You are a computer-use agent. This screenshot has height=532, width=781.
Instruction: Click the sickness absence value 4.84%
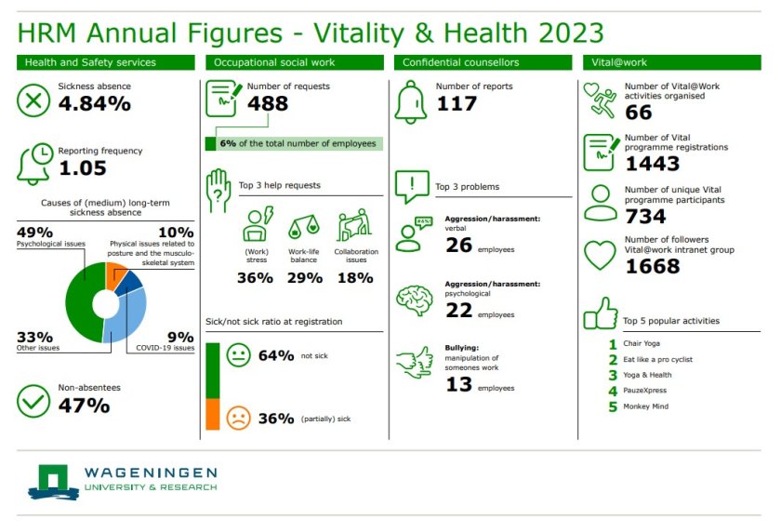[x=94, y=103]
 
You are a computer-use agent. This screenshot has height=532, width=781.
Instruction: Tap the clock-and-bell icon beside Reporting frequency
[x=34, y=162]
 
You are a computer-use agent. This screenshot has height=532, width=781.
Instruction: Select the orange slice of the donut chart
[x=117, y=275]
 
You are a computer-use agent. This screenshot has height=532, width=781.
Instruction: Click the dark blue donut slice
[x=131, y=280]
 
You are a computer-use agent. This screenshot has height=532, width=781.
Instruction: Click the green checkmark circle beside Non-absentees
[x=34, y=400]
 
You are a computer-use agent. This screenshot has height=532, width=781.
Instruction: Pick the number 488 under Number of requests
[x=268, y=103]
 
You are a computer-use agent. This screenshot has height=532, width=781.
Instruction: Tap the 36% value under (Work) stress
[x=255, y=278]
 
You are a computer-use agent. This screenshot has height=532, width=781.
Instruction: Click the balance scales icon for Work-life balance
[x=304, y=227]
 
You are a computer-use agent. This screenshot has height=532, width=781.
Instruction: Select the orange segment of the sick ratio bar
[x=213, y=415]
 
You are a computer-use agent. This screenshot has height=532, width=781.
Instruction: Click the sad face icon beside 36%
[x=239, y=418]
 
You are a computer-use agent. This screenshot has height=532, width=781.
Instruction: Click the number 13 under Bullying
[x=457, y=384]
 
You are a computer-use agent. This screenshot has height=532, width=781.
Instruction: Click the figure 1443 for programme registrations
[x=653, y=164]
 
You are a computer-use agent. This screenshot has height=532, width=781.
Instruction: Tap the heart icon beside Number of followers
[x=600, y=254]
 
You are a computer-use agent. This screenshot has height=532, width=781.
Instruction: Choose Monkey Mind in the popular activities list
[x=645, y=406]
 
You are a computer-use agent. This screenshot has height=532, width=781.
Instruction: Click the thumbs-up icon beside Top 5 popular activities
[x=600, y=314]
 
